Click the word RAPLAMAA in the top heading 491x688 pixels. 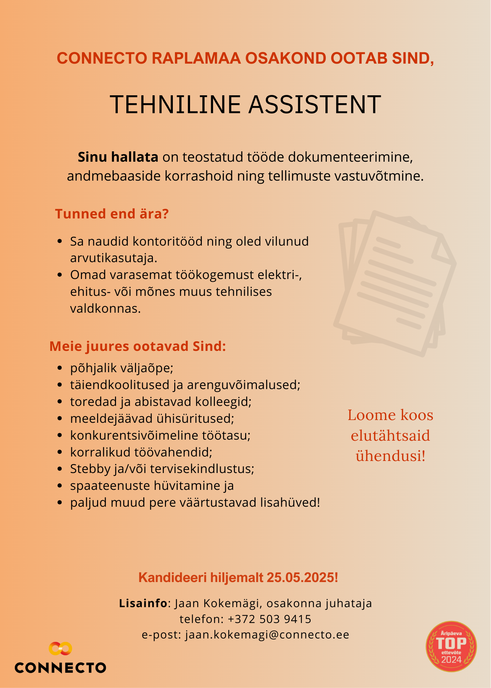[x=196, y=58]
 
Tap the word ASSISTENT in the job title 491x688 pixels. [x=315, y=105]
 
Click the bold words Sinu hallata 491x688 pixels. [x=118, y=157]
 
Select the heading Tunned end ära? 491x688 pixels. [x=112, y=214]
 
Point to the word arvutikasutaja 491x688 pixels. [x=114, y=258]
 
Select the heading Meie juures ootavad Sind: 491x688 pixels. [x=138, y=346]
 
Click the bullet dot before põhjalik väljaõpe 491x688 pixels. [x=60, y=368]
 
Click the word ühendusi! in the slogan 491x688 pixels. [x=390, y=456]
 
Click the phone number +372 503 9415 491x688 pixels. [x=270, y=619]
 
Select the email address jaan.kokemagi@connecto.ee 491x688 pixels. [x=267, y=635]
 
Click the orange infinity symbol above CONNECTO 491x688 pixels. [x=60, y=648]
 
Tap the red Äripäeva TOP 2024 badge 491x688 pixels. [x=451, y=646]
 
